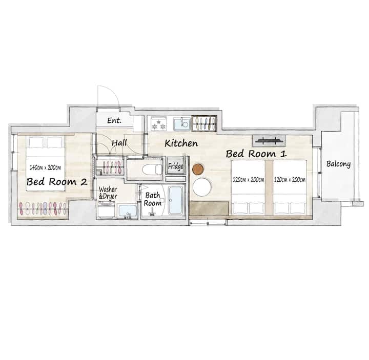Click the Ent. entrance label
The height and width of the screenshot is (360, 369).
pyautogui.click(x=114, y=121)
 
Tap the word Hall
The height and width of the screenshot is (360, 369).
pyautogui.click(x=119, y=143)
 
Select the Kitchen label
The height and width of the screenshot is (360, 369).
pyautogui.click(x=181, y=143)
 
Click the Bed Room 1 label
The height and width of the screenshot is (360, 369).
pyautogui.click(x=256, y=154)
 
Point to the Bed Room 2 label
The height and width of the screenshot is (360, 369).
pyautogui.click(x=57, y=182)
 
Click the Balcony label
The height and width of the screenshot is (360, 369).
pyautogui.click(x=338, y=164)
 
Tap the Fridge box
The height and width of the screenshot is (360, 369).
pyautogui.click(x=176, y=166)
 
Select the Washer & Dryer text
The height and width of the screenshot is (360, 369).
pyautogui.click(x=108, y=193)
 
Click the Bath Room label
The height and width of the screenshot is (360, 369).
pyautogui.click(x=153, y=199)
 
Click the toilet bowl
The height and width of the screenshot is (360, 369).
pyautogui.click(x=152, y=170)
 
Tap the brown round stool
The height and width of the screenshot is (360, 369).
pyautogui.click(x=198, y=170)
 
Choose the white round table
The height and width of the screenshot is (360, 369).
pyautogui.click(x=202, y=187)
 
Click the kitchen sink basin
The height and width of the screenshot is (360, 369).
pyautogui.click(x=181, y=124)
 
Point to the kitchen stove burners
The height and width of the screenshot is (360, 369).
pyautogui.click(x=158, y=124)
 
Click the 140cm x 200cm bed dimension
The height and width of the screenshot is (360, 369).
pyautogui.click(x=45, y=167)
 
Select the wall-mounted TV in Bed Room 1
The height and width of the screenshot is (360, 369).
pyautogui.click(x=269, y=141)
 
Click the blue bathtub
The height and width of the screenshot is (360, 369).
pyautogui.click(x=176, y=200)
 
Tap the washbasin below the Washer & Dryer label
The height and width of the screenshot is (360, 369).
pyautogui.click(x=127, y=211)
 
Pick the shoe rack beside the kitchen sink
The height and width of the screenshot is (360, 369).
pyautogui.click(x=204, y=123)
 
